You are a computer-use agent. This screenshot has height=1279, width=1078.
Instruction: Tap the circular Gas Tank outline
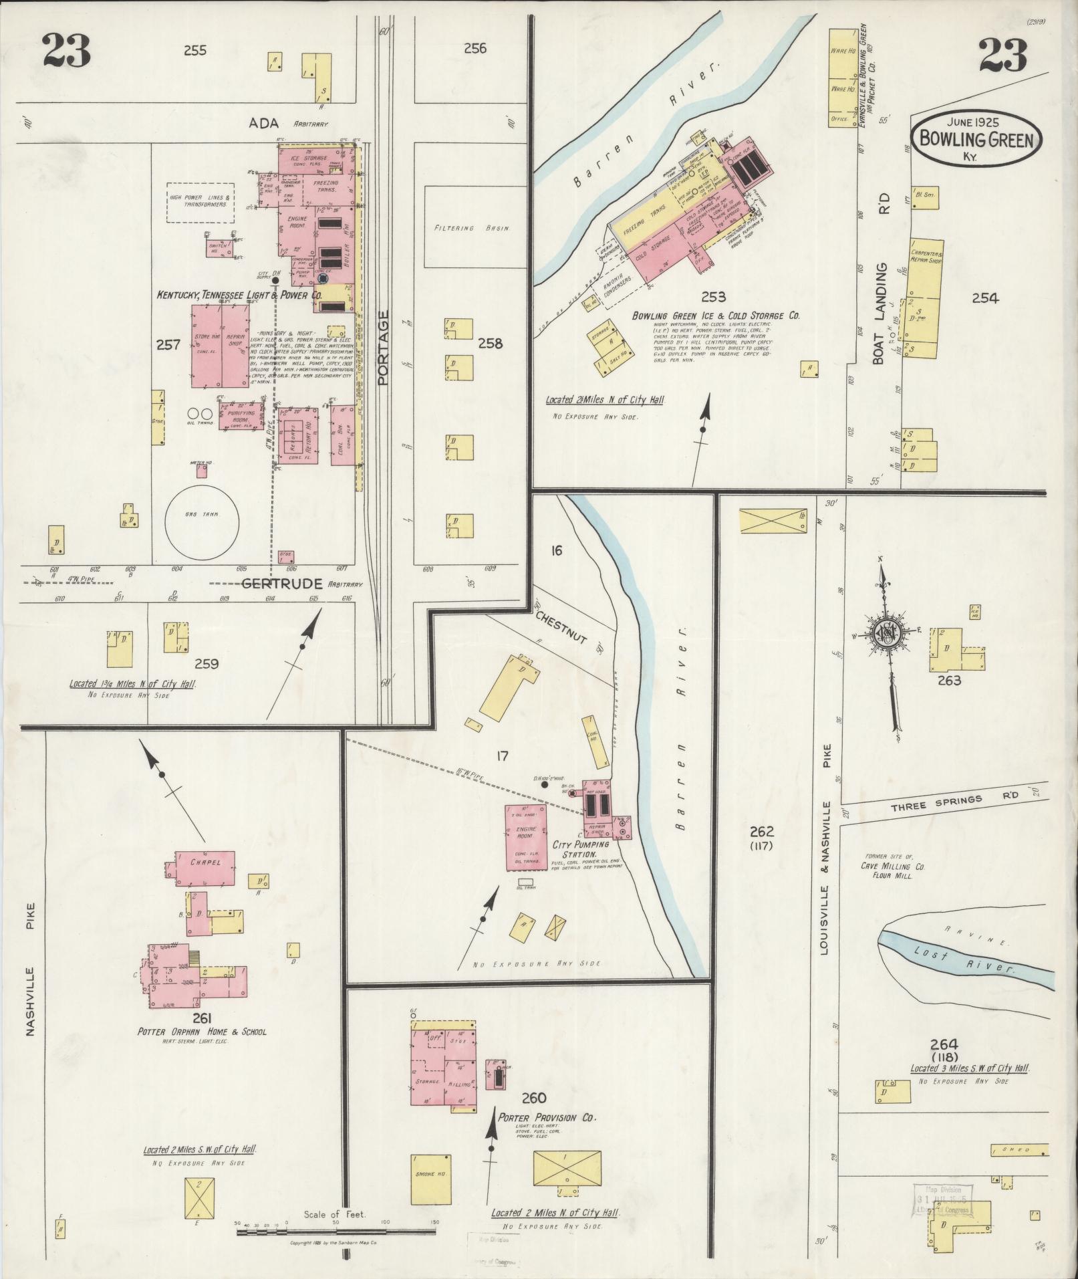(202, 514)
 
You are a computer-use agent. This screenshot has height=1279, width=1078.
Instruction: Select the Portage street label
(383, 347)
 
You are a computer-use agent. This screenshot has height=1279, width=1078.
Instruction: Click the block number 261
(202, 1018)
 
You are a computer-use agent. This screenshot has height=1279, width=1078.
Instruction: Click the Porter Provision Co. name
(547, 1117)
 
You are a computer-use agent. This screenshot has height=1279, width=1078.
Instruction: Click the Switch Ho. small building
(219, 249)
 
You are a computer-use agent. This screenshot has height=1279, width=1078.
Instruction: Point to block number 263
(949, 681)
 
